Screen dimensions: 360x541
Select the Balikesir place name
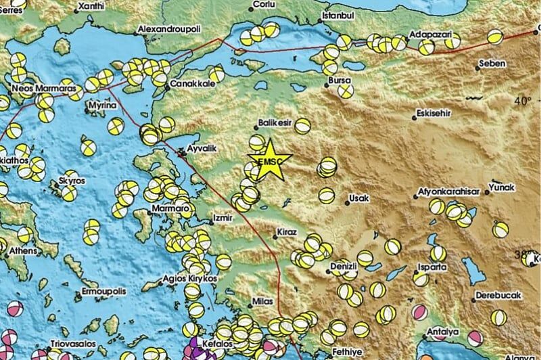[275, 123]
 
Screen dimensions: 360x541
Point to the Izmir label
[222, 219]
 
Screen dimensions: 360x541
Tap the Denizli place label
[343, 267]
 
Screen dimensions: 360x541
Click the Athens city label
[23, 251]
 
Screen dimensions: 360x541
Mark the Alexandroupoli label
[170, 30]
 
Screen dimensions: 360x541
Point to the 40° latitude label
[521, 101]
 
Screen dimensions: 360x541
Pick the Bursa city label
[339, 81]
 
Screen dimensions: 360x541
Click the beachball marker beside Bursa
[346, 90]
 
